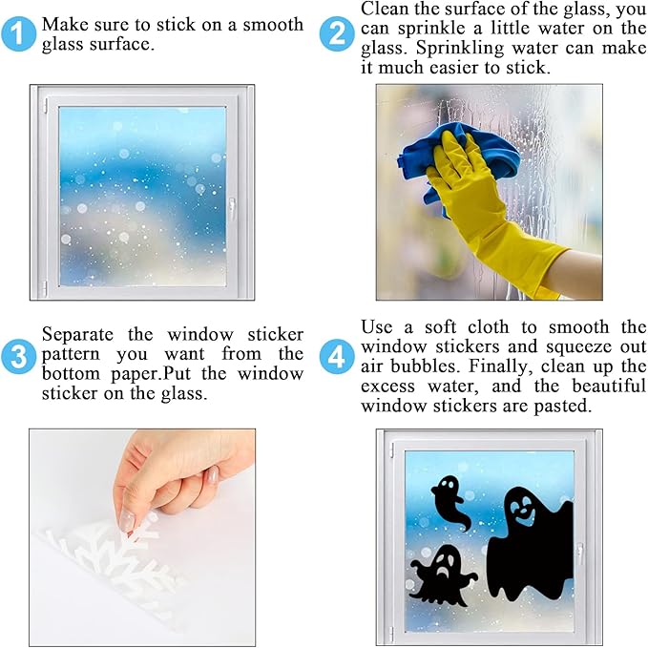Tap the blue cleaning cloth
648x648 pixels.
[x=421, y=157]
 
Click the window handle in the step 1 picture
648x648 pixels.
[x=232, y=207]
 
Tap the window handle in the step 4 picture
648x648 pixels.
[x=579, y=554]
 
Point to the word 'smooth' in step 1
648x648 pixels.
[x=272, y=24]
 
